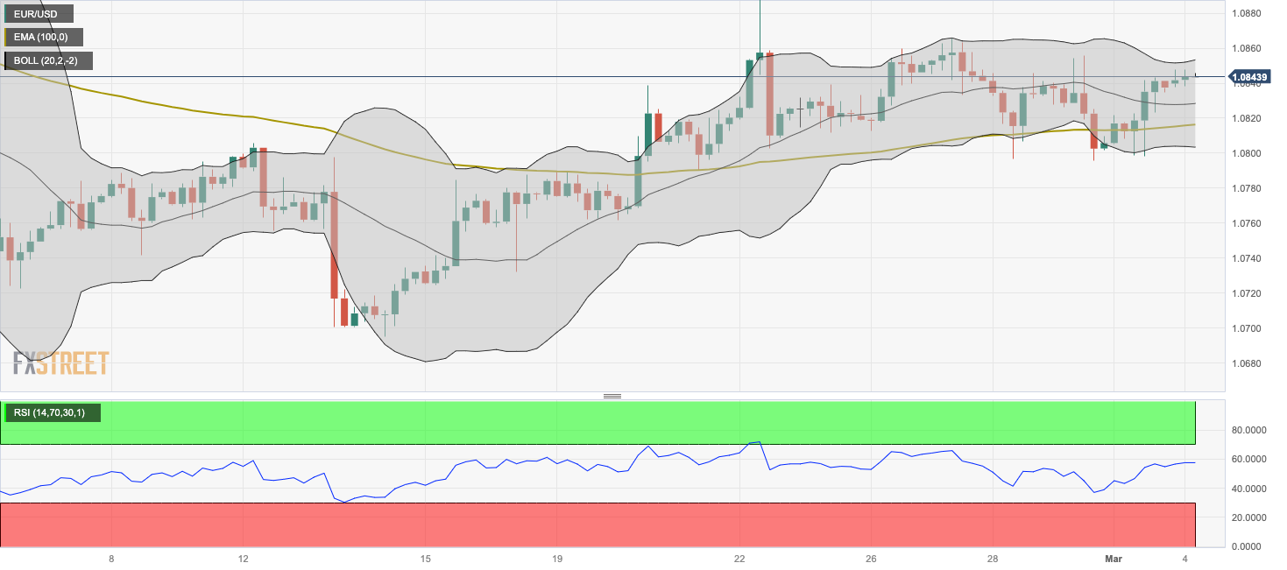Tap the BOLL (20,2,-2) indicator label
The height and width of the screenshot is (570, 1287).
[x=50, y=61]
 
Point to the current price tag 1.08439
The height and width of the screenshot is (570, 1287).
[x=1250, y=77]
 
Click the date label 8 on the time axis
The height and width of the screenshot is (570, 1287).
[x=111, y=559]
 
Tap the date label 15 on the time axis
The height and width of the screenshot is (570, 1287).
[x=425, y=559]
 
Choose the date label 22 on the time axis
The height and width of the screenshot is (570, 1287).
[x=739, y=559]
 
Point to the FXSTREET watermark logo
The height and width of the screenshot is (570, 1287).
[x=61, y=362]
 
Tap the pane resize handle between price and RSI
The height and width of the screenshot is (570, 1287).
[x=612, y=396]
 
